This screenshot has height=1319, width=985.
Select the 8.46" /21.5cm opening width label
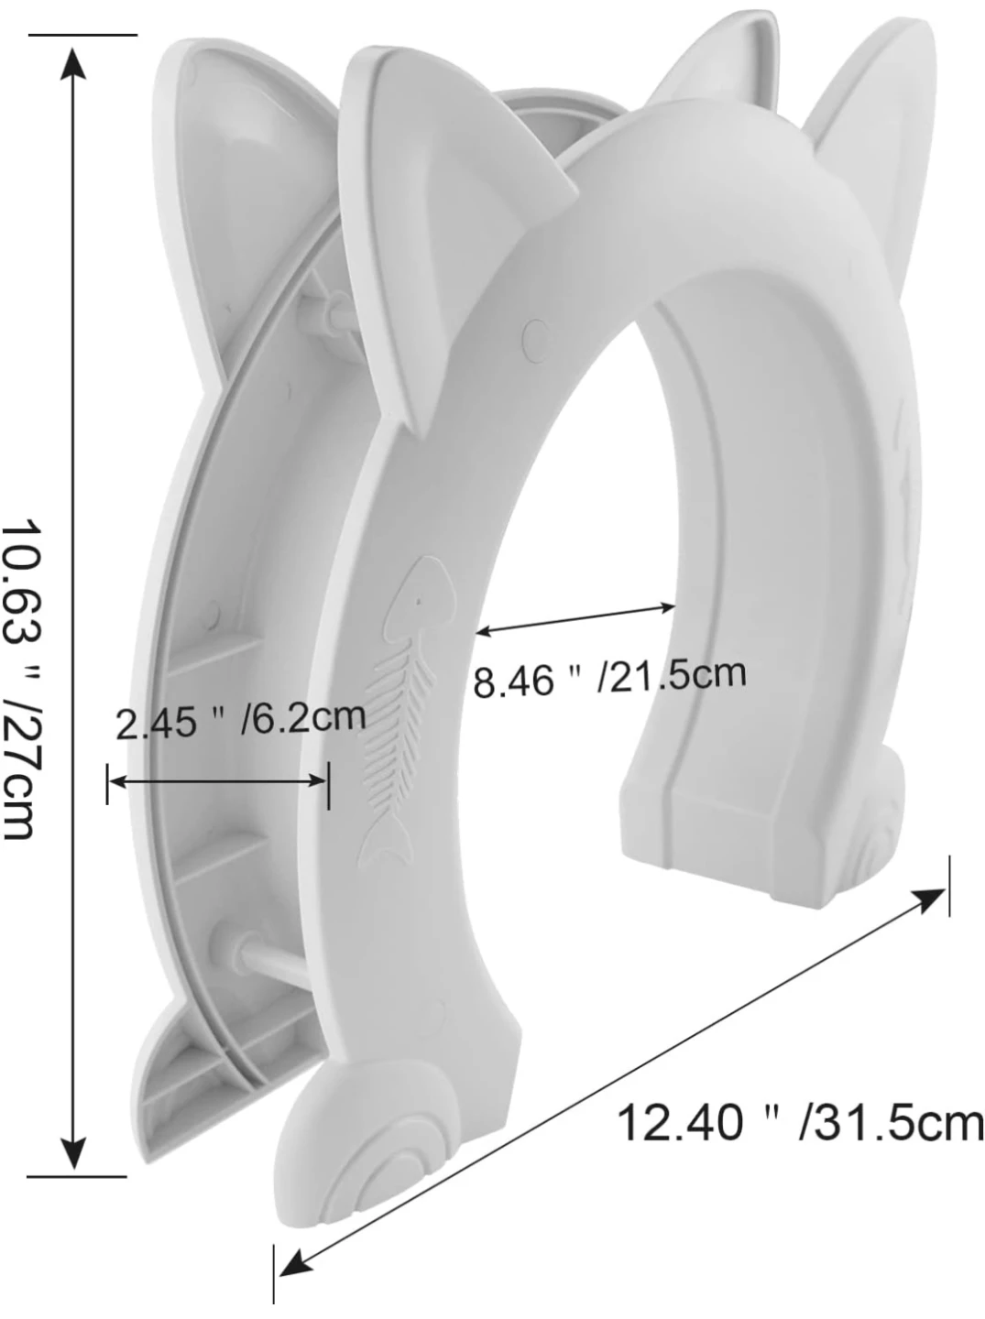click(608, 678)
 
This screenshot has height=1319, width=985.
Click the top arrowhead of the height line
click(73, 64)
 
